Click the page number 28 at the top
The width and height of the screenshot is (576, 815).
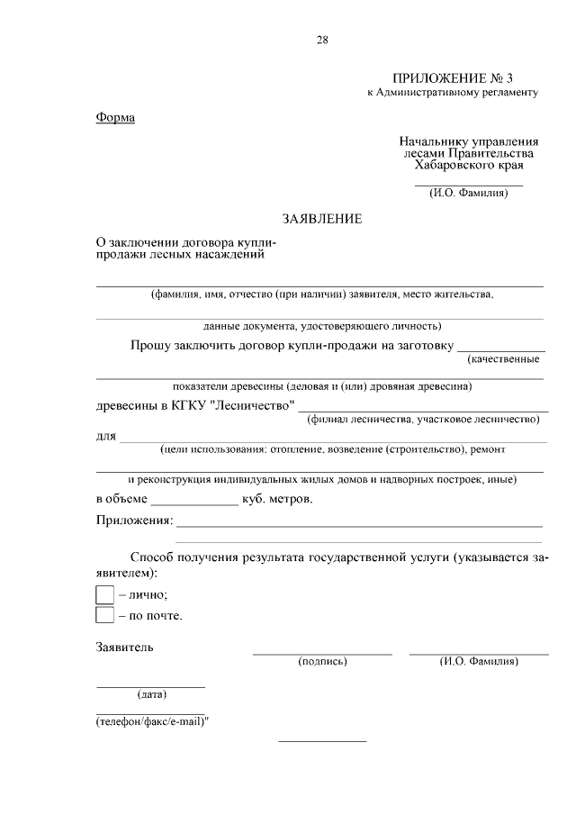point(322,39)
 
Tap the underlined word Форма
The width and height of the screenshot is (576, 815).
point(115,119)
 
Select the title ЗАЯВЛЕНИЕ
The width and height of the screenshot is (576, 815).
point(321,219)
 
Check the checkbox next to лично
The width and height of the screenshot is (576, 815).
point(104,594)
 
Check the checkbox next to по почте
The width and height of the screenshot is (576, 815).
point(104,616)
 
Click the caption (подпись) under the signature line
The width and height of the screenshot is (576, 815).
point(322,662)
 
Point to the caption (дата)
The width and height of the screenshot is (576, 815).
point(151,694)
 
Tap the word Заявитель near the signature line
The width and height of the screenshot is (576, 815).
point(125,647)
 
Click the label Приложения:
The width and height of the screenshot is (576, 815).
point(133,521)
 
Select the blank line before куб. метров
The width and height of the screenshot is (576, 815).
point(193,501)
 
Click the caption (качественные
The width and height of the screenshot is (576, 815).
point(503,359)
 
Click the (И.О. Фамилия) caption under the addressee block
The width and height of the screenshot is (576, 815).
point(469,192)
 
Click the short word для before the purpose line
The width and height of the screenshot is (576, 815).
point(105,437)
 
